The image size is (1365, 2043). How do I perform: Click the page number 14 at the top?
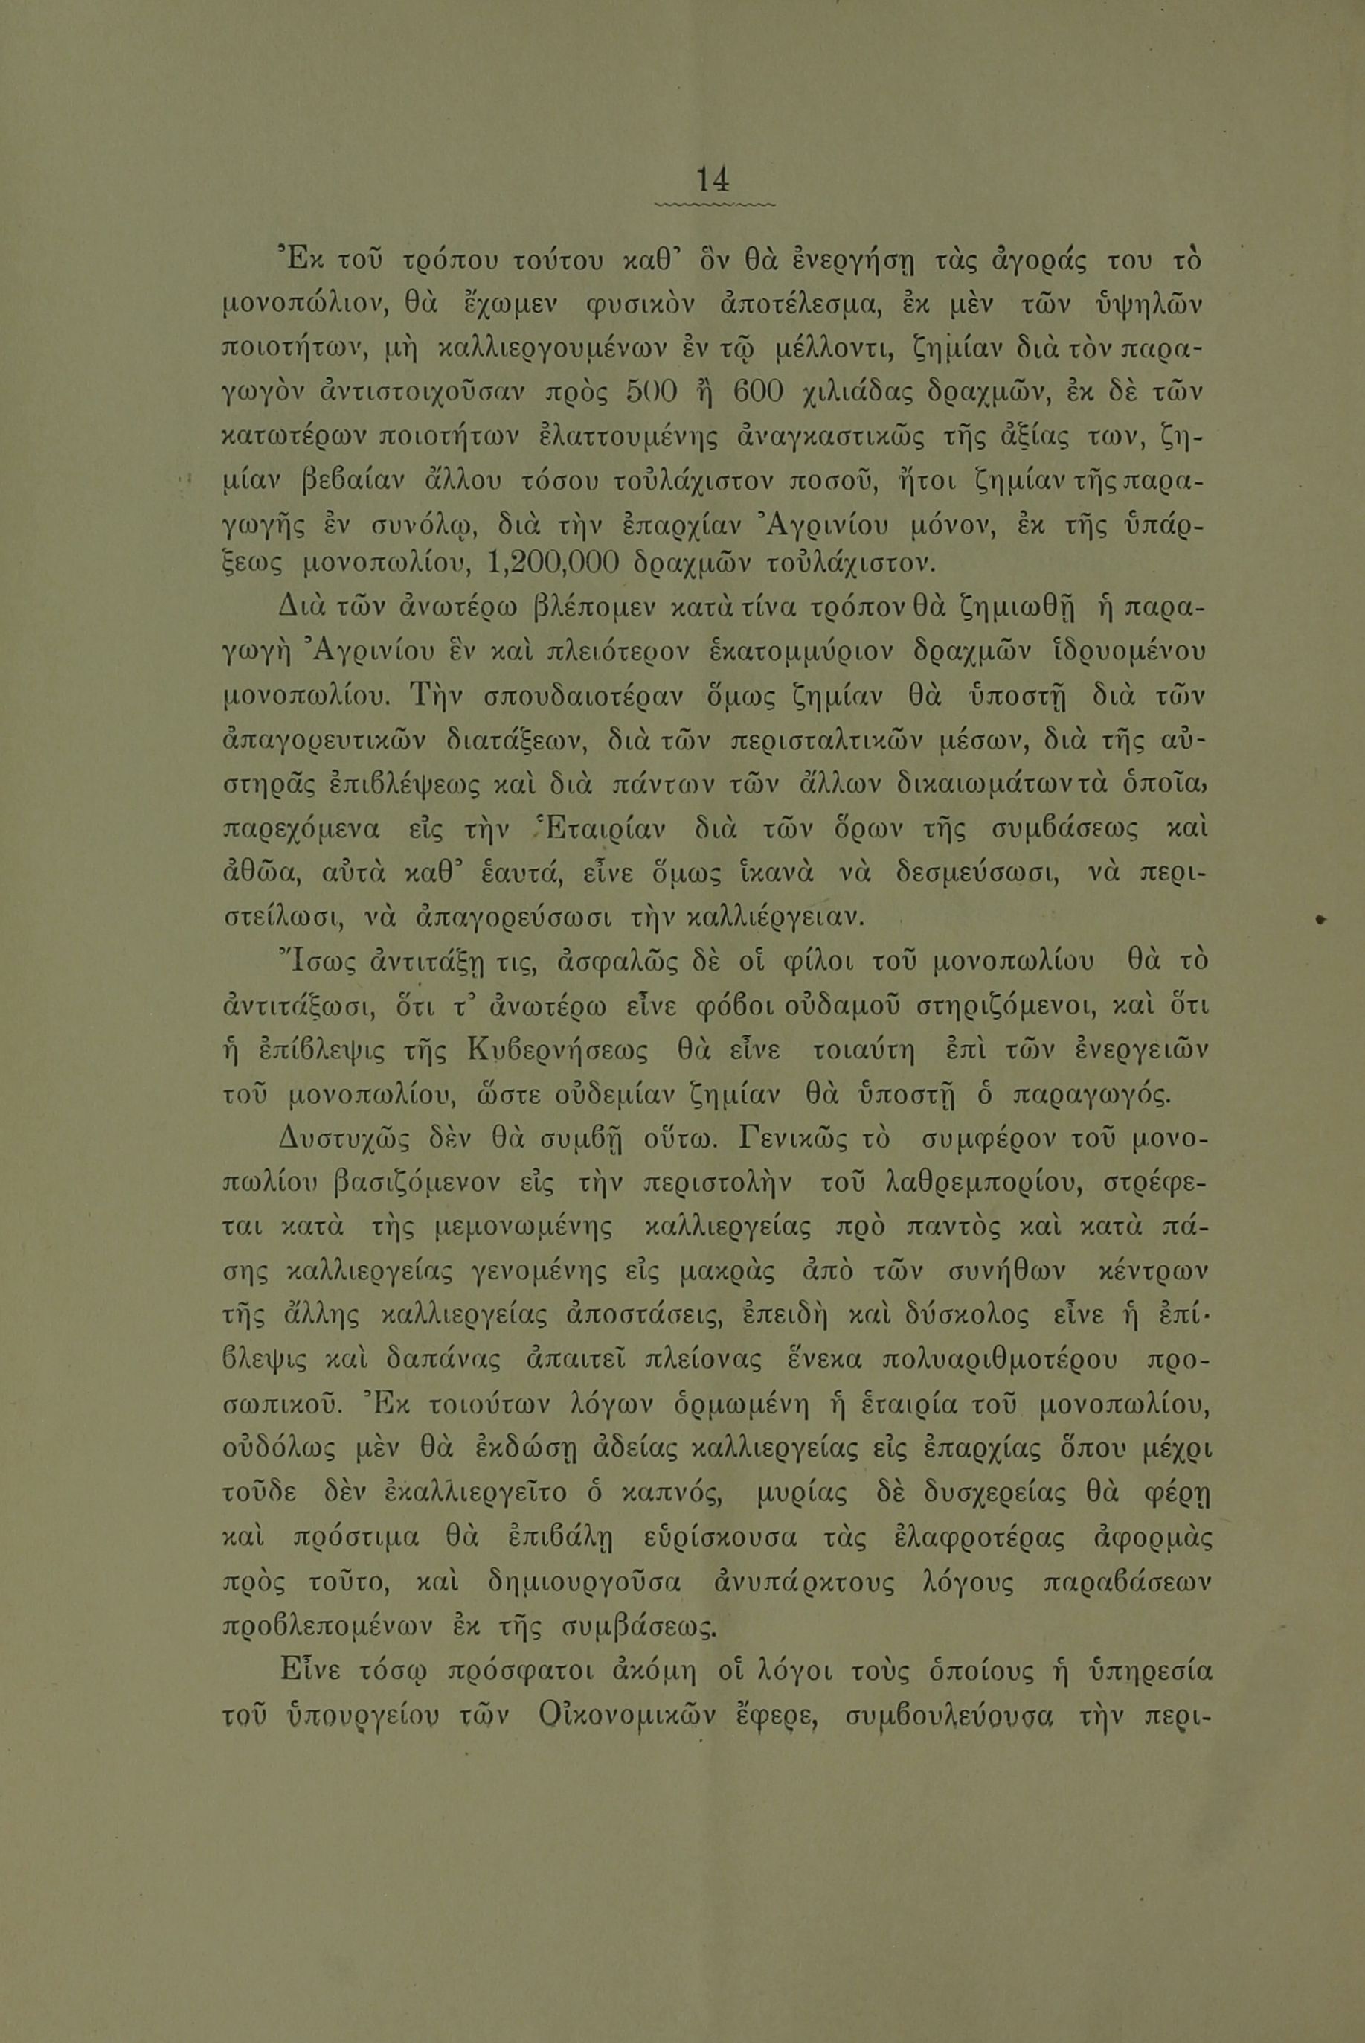712,180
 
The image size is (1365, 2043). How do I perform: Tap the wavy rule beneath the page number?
712,205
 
